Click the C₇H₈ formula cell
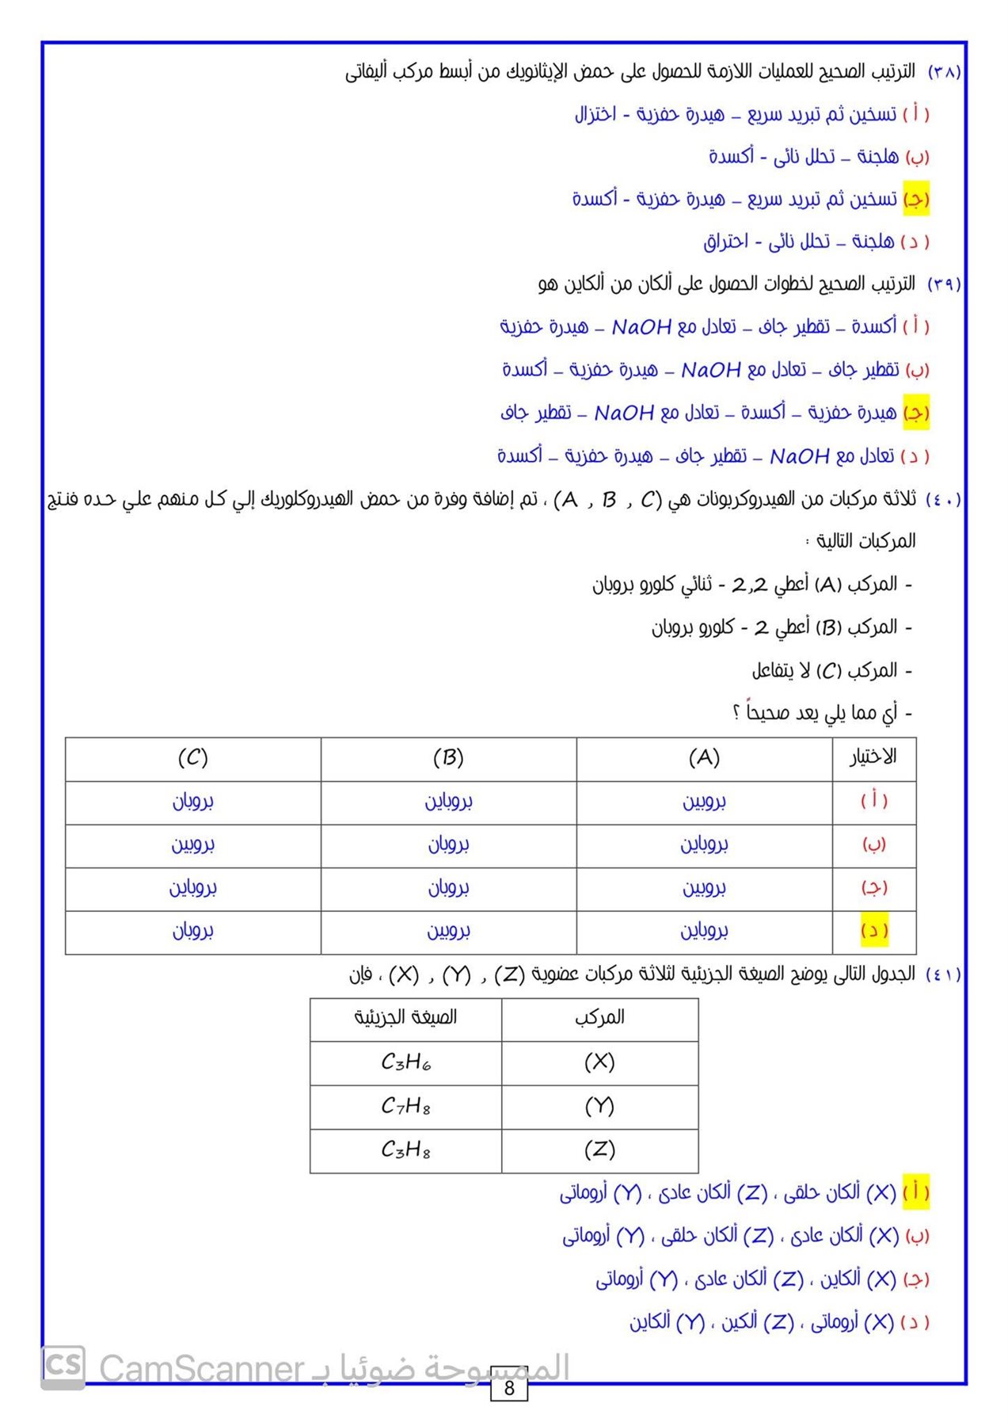pyautogui.click(x=405, y=1106)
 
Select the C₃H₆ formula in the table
pyautogui.click(x=405, y=1062)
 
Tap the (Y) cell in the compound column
pyautogui.click(x=599, y=1106)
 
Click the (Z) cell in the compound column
pyautogui.click(x=599, y=1150)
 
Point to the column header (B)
pyautogui.click(x=448, y=758)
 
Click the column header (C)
pyautogui.click(x=192, y=758)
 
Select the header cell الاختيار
pyautogui.click(x=873, y=757)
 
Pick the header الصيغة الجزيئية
pyautogui.click(x=405, y=1017)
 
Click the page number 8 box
pyautogui.click(x=508, y=1387)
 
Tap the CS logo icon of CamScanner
pyautogui.click(x=63, y=1367)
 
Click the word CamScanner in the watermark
pyautogui.click(x=202, y=1369)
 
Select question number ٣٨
pyautogui.click(x=944, y=72)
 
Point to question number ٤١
pyautogui.click(x=943, y=974)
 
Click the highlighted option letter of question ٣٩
pyautogui.click(x=916, y=413)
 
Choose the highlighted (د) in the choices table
pyautogui.click(x=874, y=931)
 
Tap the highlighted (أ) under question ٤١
pyautogui.click(x=916, y=1192)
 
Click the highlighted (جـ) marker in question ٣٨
pyautogui.click(x=916, y=199)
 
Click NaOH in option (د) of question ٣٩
pyautogui.click(x=799, y=456)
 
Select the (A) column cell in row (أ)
pyautogui.click(x=704, y=801)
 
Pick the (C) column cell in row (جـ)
pyautogui.click(x=192, y=888)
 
